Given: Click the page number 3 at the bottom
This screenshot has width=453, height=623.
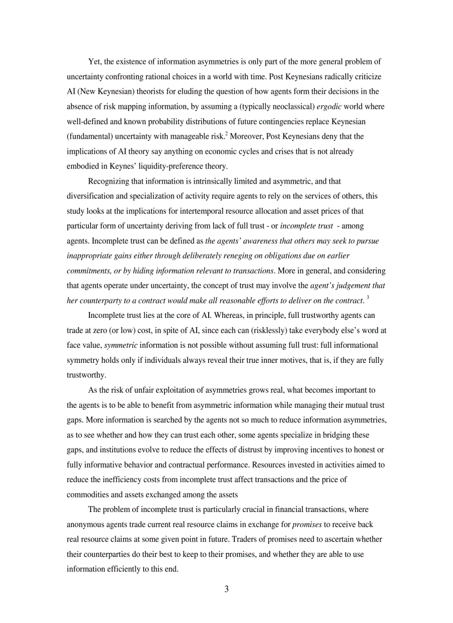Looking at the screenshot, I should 226,589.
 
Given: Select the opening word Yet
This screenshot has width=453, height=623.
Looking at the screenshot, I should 95,61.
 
